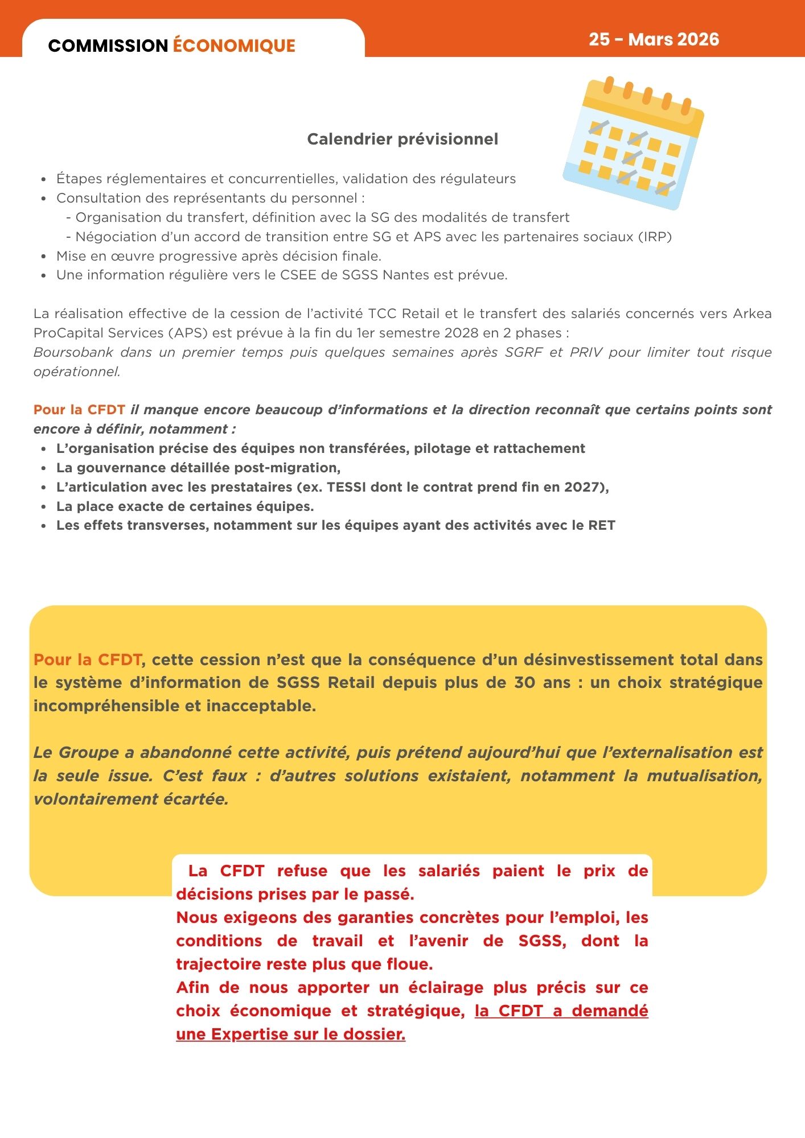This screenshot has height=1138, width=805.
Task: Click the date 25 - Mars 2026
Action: [x=654, y=39]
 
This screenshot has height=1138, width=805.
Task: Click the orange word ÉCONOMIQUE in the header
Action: [x=234, y=46]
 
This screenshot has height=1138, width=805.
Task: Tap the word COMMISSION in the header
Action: [x=108, y=46]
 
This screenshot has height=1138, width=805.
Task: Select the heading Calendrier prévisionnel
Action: [x=402, y=139]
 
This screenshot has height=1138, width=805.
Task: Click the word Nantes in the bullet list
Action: [x=406, y=275]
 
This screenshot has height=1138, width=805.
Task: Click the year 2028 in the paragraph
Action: [x=462, y=333]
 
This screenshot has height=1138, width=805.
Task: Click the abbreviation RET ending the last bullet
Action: [x=602, y=525]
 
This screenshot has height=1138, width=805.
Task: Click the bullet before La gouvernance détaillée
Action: [x=44, y=468]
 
